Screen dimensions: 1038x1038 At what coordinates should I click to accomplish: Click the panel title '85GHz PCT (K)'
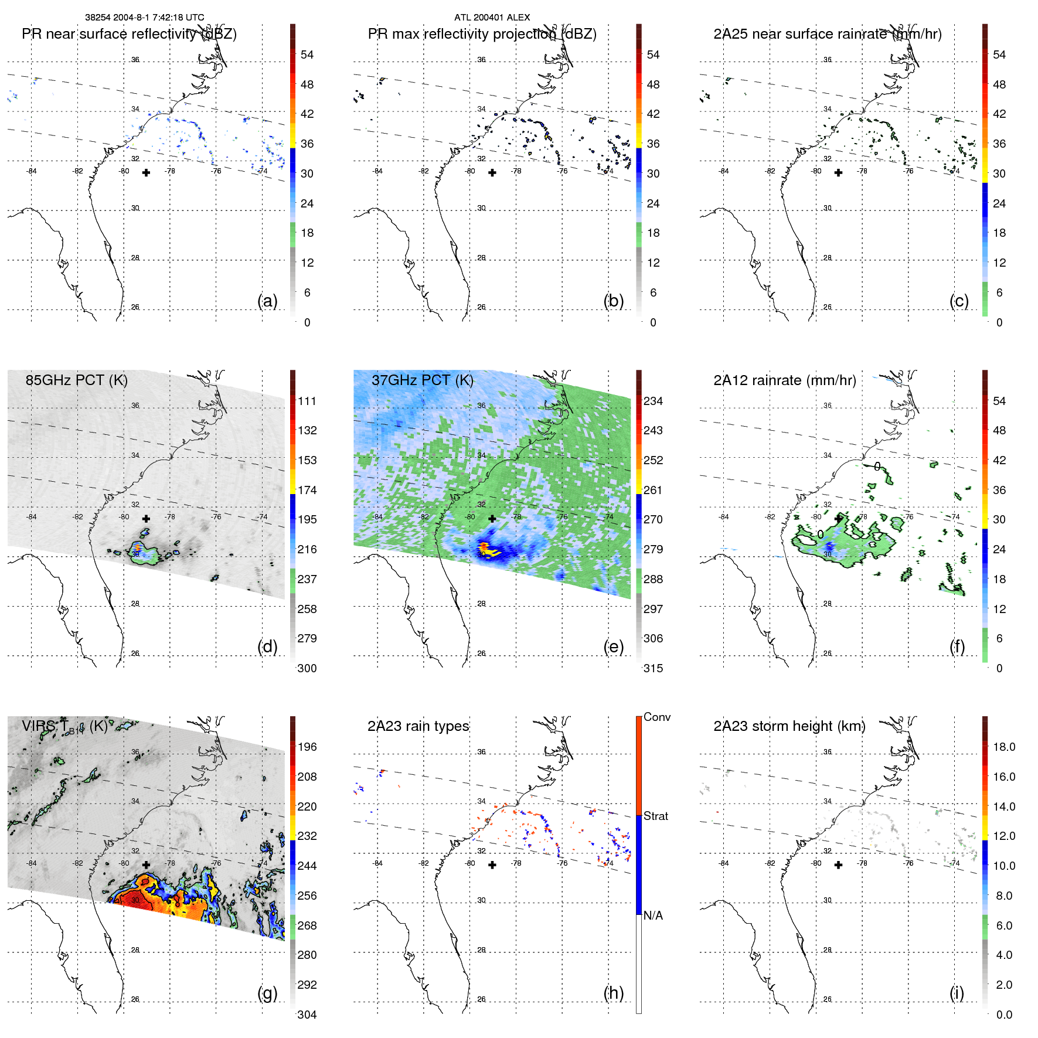click(x=76, y=380)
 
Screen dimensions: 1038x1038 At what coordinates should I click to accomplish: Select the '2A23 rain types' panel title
click(x=418, y=726)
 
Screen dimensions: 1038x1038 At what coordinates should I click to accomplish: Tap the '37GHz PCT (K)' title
click(x=422, y=380)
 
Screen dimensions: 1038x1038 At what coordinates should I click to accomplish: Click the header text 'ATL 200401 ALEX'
click(x=492, y=18)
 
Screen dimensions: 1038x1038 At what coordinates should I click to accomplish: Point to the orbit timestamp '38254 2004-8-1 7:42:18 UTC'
click(x=144, y=18)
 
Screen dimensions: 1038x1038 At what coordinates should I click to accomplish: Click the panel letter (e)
click(x=613, y=646)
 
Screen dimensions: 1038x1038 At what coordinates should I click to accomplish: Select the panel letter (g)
click(x=267, y=993)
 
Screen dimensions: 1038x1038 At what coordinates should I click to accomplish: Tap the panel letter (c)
click(x=959, y=301)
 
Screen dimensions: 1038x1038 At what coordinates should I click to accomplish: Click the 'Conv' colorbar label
click(x=657, y=717)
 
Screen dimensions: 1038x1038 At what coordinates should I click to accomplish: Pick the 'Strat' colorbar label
click(x=656, y=816)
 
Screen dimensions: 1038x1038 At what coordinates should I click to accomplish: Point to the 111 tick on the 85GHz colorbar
click(x=307, y=401)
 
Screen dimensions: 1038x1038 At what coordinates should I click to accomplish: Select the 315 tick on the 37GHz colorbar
click(x=653, y=668)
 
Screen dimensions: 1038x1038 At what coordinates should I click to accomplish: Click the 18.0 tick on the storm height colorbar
click(x=1004, y=747)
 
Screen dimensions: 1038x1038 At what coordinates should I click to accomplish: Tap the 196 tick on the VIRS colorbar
click(x=307, y=747)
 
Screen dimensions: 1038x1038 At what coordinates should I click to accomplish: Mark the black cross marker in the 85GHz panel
click(x=146, y=519)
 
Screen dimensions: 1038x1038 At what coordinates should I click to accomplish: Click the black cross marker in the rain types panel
click(x=492, y=865)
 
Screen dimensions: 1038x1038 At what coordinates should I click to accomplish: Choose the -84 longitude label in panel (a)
click(x=32, y=171)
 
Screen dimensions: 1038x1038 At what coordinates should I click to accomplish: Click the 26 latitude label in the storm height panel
click(x=827, y=999)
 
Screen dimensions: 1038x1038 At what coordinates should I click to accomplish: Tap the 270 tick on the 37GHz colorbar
click(x=653, y=519)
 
